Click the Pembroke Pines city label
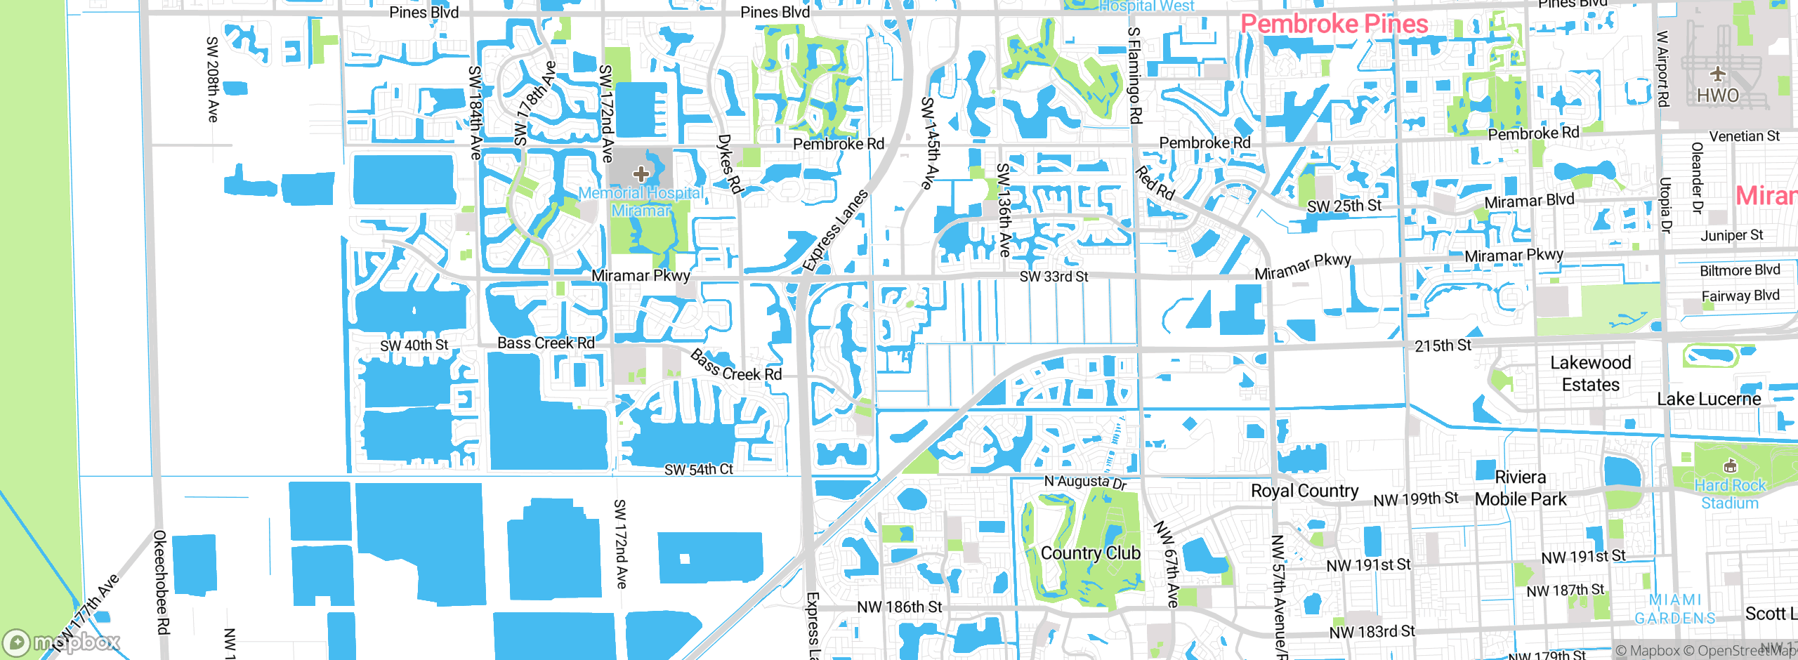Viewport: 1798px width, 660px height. pos(1334,25)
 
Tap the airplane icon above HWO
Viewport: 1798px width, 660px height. pos(1717,73)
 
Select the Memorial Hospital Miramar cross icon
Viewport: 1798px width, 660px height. pos(641,173)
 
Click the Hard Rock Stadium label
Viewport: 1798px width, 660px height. pos(1729,494)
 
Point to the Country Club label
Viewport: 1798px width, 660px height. pos(1090,553)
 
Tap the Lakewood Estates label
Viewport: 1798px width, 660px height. pos(1591,374)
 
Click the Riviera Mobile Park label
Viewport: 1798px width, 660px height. pos(1521,488)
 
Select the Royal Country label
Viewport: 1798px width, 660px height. pos(1304,491)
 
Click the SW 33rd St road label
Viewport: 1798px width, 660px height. pos(1054,277)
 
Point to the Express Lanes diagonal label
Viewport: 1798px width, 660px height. pos(836,230)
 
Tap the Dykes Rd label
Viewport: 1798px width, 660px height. pos(730,164)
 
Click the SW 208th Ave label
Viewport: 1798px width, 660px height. pos(212,79)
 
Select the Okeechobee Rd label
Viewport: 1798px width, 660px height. pos(161,582)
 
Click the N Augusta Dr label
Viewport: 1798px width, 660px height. pos(1085,482)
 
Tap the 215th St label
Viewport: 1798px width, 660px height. pos(1443,345)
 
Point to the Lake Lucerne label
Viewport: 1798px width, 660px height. pos(1709,399)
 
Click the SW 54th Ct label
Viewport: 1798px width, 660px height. pos(698,469)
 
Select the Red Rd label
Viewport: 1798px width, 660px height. pos(1155,183)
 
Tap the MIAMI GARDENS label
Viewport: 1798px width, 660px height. pos(1675,609)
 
